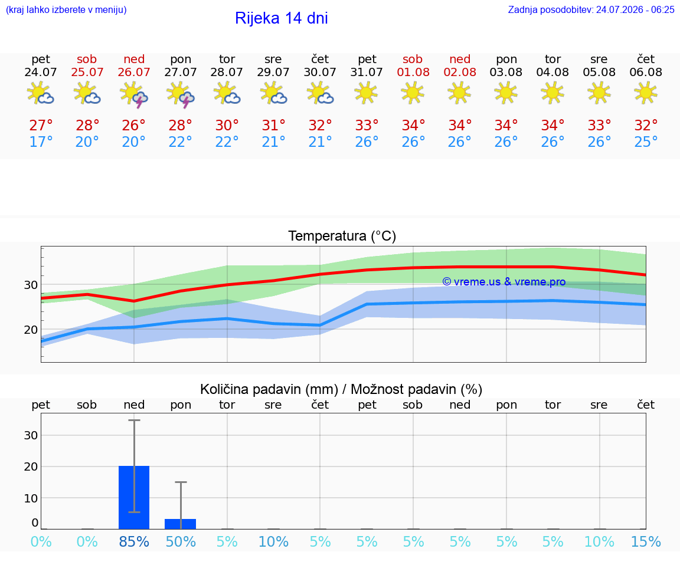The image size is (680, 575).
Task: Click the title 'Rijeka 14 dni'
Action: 282,18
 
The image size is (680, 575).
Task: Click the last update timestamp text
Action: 591,10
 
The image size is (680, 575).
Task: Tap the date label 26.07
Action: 134,73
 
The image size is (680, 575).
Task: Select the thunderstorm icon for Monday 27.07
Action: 181,94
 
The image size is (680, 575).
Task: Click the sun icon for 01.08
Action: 413,93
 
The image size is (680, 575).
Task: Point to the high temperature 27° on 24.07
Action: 41,126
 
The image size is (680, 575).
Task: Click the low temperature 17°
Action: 41,142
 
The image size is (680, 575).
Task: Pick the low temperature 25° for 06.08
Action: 646,142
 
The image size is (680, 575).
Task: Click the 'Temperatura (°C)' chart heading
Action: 342,236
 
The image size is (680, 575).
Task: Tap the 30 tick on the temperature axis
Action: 31,285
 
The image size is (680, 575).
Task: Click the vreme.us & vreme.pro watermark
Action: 504,282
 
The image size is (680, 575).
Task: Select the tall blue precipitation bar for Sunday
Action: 134,497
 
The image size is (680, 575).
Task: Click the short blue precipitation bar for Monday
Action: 181,524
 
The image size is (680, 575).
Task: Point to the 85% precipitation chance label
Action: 134,542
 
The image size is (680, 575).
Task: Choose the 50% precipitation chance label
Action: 181,542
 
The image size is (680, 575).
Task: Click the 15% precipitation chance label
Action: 646,542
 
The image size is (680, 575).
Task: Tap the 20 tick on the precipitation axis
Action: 31,466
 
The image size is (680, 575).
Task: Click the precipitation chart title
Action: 341,390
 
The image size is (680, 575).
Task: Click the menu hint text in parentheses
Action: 66,10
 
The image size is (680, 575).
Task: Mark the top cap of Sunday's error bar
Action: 134,420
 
